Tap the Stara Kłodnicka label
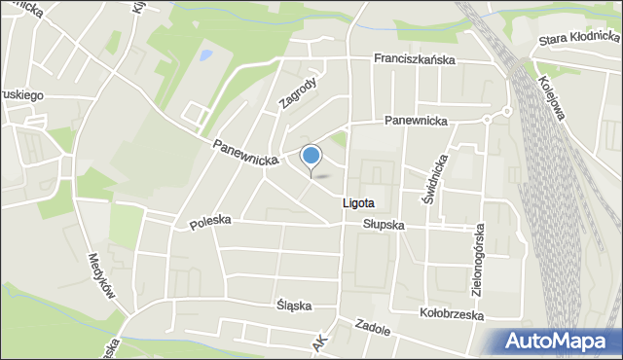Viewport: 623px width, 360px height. (x=580, y=40)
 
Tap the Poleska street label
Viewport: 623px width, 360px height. (x=210, y=222)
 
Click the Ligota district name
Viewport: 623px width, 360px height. (x=357, y=203)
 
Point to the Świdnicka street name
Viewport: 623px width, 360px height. (x=436, y=179)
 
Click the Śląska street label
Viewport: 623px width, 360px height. (x=293, y=305)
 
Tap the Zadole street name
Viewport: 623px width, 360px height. (x=372, y=328)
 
